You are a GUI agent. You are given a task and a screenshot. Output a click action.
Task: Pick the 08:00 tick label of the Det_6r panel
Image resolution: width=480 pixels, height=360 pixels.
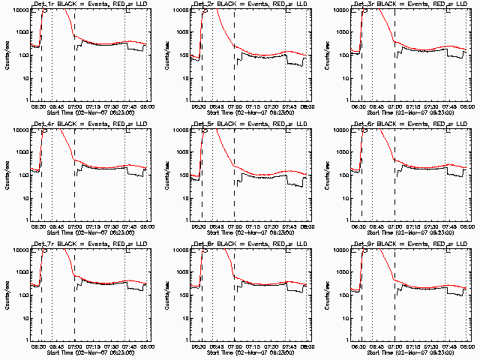[467, 225]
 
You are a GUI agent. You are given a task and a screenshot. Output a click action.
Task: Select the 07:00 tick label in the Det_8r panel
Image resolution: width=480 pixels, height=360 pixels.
[235, 345]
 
